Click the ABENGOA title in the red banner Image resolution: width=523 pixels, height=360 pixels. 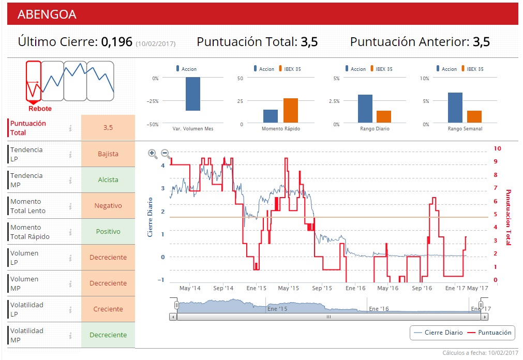point(47,14)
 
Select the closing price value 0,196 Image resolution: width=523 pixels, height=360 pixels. point(116,42)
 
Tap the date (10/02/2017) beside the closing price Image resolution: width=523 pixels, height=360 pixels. point(156,44)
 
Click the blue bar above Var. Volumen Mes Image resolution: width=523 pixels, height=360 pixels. point(193,94)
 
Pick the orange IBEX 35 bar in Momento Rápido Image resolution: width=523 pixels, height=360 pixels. point(291,111)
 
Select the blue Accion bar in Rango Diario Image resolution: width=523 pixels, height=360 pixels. point(365,109)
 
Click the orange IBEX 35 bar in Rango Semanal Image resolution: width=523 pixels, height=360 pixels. point(474,117)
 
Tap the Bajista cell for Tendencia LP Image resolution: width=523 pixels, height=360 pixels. point(108,154)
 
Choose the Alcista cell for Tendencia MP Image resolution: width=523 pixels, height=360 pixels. point(108,179)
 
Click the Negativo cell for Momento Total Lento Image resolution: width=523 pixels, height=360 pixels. point(108,205)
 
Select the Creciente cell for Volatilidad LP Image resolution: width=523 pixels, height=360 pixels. point(108,309)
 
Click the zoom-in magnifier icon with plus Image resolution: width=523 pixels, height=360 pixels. point(153,154)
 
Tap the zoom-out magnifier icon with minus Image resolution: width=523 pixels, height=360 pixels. point(166,154)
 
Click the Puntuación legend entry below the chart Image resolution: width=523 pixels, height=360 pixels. point(494,333)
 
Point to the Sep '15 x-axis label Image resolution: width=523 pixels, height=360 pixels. point(321,288)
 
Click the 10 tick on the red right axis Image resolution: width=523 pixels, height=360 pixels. point(498,148)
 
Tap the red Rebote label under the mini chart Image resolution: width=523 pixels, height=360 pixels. point(40,109)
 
